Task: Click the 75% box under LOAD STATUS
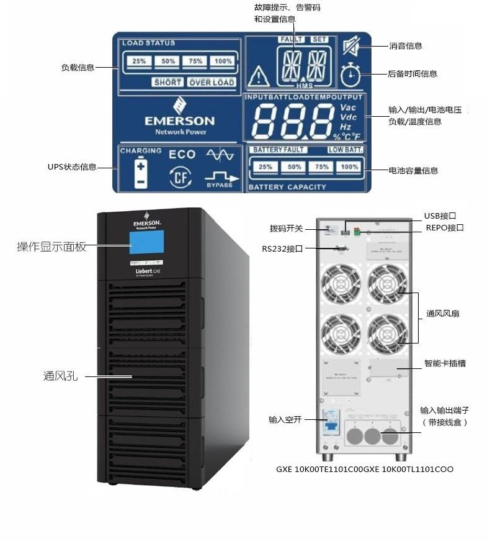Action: (195, 61)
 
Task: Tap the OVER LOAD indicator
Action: (212, 82)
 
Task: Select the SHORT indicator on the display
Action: (167, 82)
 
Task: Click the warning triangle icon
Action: (258, 77)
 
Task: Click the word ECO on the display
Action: (182, 155)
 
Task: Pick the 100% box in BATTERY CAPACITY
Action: (349, 167)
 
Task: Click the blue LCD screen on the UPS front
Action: (146, 244)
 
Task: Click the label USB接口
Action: (440, 216)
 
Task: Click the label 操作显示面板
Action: (51, 247)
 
